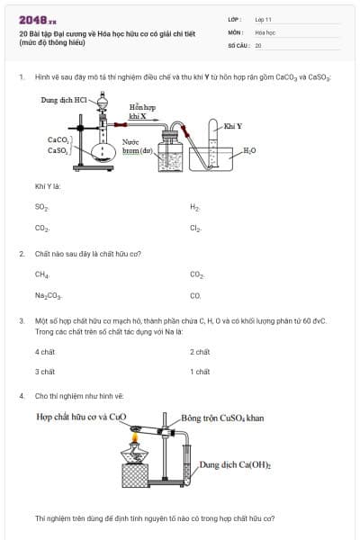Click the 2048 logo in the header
37,19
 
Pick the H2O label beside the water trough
249,149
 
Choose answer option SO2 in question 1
41,207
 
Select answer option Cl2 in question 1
195,229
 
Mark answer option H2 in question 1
194,207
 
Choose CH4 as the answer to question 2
41,274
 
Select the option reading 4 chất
45,352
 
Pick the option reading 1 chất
200,372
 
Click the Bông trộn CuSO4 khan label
222,418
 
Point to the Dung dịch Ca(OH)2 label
235,465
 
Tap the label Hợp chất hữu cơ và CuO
81,418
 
